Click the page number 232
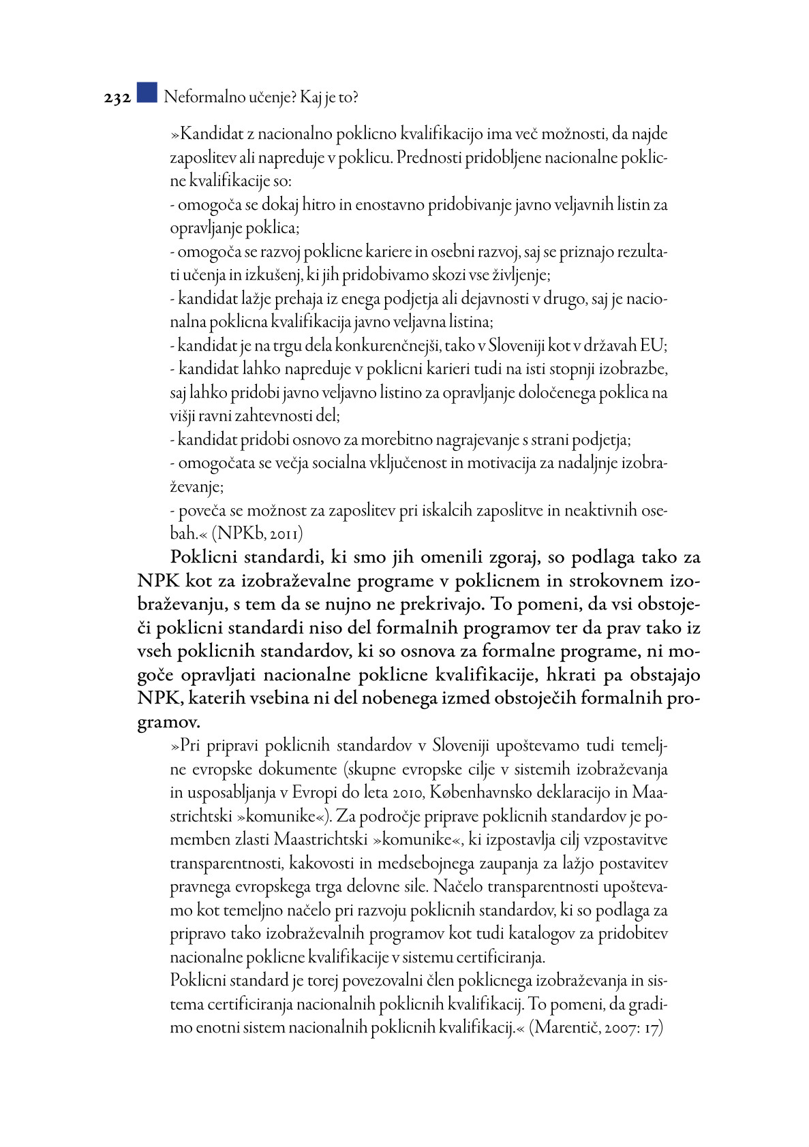pyautogui.click(x=117, y=98)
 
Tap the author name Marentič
pyautogui.click(x=566, y=1028)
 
